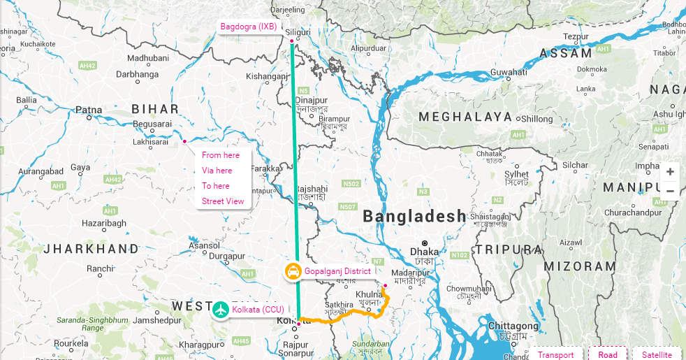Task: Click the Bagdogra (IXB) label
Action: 249,27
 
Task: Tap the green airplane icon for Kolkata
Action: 221,308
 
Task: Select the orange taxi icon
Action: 293,271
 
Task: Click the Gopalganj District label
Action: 337,271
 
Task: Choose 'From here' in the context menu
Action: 221,155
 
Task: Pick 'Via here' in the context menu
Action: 217,171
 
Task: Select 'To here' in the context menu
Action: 216,186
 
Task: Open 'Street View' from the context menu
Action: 223,201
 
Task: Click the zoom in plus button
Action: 670,172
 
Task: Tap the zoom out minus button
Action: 670,191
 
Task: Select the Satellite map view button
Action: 657,354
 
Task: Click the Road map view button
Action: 608,354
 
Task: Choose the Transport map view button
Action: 556,354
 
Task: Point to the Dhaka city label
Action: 425,252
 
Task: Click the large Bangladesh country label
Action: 414,217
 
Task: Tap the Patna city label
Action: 89,110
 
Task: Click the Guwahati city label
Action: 509,72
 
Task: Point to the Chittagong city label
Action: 513,326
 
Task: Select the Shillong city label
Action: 537,120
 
